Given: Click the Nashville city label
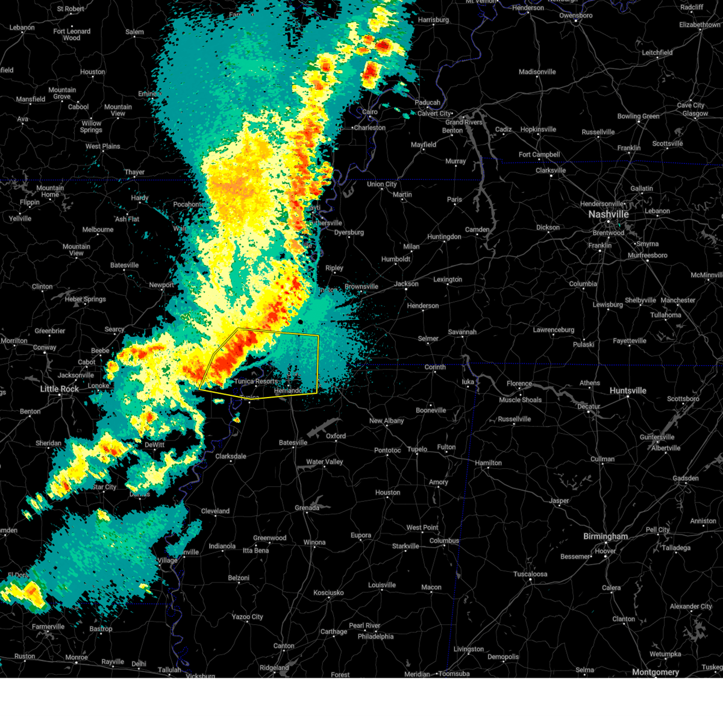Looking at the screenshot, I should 609,214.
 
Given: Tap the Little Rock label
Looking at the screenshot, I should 60,389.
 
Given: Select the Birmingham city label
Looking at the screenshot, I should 606,536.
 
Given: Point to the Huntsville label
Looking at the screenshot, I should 628,391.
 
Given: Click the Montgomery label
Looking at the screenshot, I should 656,672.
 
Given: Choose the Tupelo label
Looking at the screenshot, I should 417,449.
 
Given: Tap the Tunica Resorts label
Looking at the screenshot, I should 256,381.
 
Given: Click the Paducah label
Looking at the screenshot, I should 428,102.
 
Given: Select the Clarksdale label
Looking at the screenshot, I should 231,456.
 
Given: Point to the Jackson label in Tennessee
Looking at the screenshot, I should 406,284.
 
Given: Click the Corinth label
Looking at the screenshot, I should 435,367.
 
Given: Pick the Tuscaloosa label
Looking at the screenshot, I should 530,574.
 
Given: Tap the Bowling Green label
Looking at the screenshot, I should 638,116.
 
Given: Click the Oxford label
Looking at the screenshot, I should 336,436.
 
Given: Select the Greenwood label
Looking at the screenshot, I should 269,538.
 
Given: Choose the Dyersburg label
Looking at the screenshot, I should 349,233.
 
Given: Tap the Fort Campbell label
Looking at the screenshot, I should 539,155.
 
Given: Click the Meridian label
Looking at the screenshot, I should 417,674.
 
